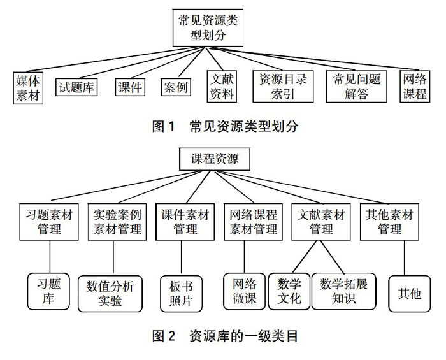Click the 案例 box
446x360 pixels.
point(175,87)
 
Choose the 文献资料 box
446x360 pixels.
point(222,87)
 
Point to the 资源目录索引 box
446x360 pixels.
point(280,87)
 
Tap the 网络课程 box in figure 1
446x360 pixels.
point(414,87)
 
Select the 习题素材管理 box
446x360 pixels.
point(48,222)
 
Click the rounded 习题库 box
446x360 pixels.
point(48,291)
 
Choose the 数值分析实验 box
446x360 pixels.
point(111,293)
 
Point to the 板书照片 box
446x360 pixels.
point(181,293)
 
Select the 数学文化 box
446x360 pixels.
point(289,291)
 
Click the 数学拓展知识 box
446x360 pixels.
point(344,291)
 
